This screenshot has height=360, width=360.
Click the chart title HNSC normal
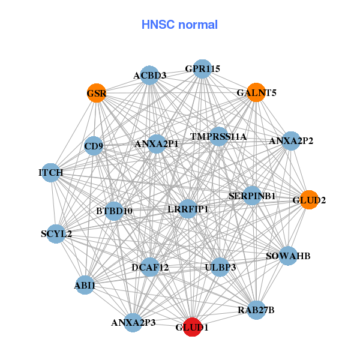click(x=179, y=25)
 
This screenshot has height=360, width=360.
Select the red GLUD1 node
click(x=192, y=327)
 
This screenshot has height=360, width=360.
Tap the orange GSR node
click(x=96, y=93)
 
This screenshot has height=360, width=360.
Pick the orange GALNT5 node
click(x=256, y=92)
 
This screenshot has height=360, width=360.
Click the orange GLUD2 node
click(x=309, y=200)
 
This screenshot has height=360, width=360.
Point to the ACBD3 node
click(x=149, y=75)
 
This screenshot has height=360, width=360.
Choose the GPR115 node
click(x=203, y=68)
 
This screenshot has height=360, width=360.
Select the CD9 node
click(x=94, y=146)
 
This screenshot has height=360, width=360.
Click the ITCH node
click(x=51, y=173)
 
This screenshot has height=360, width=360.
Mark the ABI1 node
click(x=85, y=286)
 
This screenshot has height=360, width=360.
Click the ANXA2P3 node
click(x=133, y=322)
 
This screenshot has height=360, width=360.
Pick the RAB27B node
click(x=256, y=310)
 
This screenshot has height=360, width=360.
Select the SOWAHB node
click(x=288, y=256)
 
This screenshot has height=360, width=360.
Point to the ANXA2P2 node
click(x=291, y=142)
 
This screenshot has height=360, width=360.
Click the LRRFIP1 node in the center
click(x=188, y=209)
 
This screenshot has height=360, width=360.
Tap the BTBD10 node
click(x=114, y=211)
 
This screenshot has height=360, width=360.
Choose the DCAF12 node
click(x=150, y=266)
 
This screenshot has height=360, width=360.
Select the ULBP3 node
click(x=220, y=266)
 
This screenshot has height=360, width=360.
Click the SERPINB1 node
click(x=252, y=196)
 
